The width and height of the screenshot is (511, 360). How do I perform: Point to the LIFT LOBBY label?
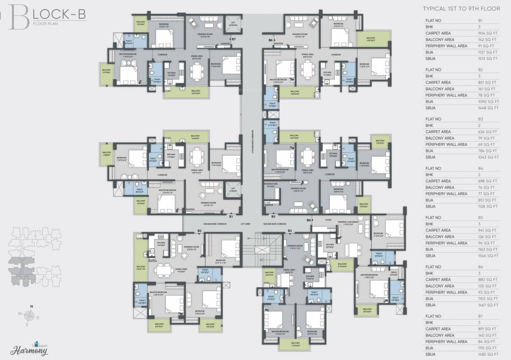(x=246, y=224)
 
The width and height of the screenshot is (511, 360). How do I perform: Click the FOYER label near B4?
(x=328, y=219)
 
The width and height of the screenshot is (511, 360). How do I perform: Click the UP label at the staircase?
(x=249, y=238)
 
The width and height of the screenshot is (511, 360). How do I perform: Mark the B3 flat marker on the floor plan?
(x=289, y=231)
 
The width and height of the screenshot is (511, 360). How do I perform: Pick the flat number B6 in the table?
(x=480, y=267)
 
